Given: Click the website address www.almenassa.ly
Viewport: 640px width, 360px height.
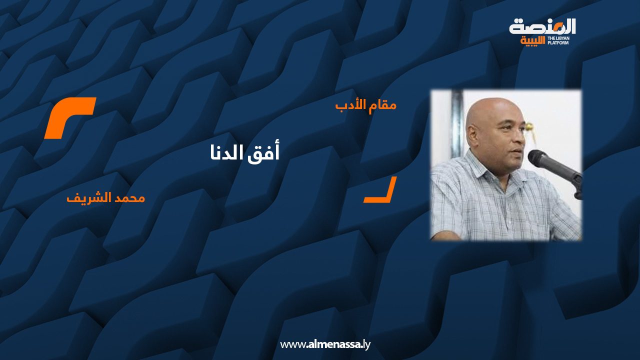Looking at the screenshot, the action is coord(325,344).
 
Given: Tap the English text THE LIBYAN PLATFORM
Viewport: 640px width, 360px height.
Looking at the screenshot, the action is coord(558,40).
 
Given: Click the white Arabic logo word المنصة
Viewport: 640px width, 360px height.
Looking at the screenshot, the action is coord(542,27).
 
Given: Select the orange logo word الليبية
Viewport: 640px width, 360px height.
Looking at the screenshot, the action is coord(532,41).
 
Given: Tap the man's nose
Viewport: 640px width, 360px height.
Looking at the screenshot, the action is coord(518,136).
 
